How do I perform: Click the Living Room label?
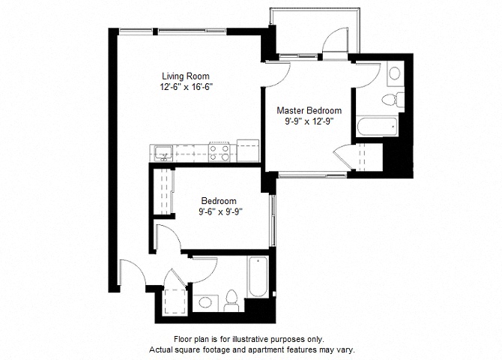click(186, 76)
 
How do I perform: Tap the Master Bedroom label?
click(309, 110)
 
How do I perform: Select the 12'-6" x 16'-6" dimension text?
click(187, 87)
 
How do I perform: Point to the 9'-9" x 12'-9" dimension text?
click(309, 121)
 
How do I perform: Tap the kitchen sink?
click(163, 153)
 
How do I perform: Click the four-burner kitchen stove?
click(219, 152)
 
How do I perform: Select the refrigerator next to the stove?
click(247, 151)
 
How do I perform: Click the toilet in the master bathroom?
click(393, 99)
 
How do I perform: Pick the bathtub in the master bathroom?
click(378, 126)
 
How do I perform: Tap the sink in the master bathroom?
click(395, 73)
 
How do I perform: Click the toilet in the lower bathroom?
click(232, 300)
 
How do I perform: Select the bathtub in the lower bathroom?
click(258, 277)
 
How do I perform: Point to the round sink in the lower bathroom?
click(205, 302)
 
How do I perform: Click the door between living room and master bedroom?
click(277, 74)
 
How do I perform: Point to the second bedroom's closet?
click(163, 190)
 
